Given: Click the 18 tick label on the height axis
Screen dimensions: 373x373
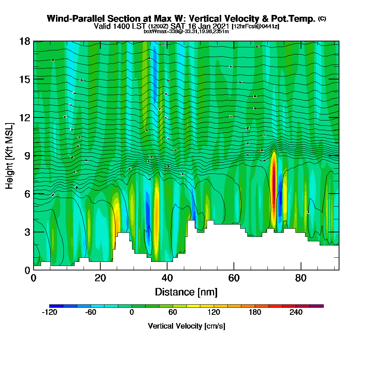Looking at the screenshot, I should [x=25, y=41].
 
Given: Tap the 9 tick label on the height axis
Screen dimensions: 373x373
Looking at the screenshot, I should [x=27, y=156].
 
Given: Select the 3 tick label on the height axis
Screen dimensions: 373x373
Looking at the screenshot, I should [x=27, y=232].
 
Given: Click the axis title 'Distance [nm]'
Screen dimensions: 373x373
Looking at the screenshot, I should [x=186, y=292].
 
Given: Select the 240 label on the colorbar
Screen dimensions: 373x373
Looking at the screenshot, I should [x=296, y=313].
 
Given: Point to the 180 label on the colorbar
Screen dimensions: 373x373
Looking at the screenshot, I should [x=255, y=313].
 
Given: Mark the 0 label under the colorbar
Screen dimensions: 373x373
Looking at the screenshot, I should [x=132, y=313].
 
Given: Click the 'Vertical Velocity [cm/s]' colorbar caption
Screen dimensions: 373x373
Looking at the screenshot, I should [x=186, y=326].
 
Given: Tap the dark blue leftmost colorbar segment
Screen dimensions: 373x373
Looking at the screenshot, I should [x=56, y=306].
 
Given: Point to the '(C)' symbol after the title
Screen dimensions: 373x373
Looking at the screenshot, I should [x=322, y=18].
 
